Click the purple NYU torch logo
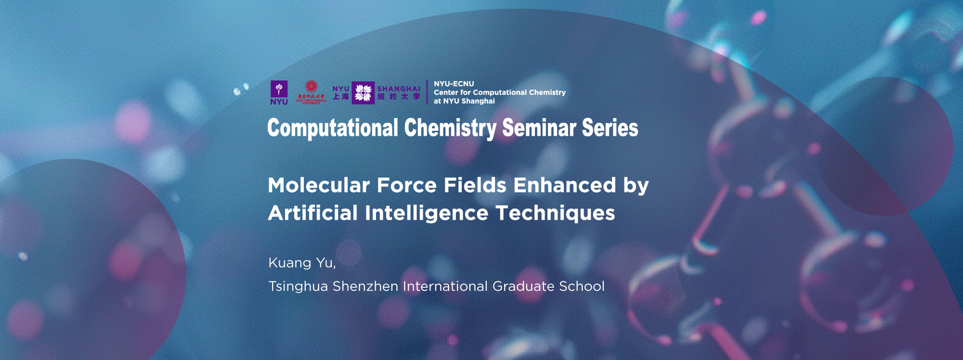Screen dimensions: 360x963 click(279, 92)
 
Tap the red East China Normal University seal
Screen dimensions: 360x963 click(311, 91)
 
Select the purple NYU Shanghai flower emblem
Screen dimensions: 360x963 click(363, 93)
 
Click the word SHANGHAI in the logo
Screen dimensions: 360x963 click(399, 89)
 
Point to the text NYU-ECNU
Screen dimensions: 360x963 click(454, 84)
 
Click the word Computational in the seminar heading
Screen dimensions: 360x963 click(333, 128)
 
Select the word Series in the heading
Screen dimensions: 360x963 click(610, 128)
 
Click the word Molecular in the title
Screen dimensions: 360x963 click(319, 185)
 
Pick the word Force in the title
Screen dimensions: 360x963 click(407, 185)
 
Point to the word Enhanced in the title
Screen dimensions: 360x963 click(565, 185)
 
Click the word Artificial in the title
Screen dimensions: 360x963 click(312, 213)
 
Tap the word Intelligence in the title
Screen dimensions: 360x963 click(427, 213)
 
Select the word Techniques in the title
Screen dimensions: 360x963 click(555, 213)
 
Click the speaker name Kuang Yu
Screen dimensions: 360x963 click(302, 263)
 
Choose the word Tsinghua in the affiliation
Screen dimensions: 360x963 click(298, 286)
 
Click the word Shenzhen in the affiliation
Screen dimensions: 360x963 click(365, 286)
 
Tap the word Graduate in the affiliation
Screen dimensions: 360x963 click(523, 286)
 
